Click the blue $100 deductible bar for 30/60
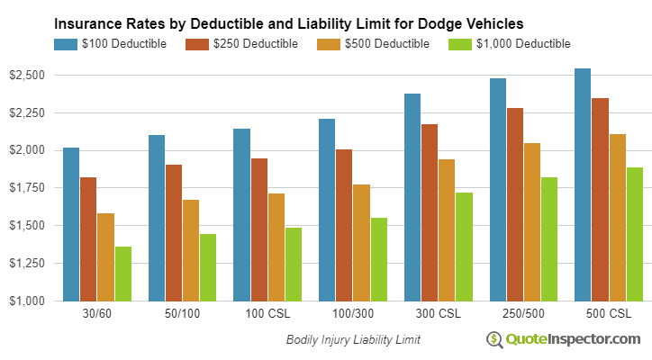point(71,224)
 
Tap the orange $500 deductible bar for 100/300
point(361,242)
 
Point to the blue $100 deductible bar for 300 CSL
point(412,197)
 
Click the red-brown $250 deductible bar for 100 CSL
point(259,229)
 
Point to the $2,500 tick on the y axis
point(27,75)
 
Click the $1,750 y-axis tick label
point(27,187)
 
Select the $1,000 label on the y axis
point(27,301)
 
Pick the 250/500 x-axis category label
point(517,314)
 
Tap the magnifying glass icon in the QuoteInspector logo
point(494,339)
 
